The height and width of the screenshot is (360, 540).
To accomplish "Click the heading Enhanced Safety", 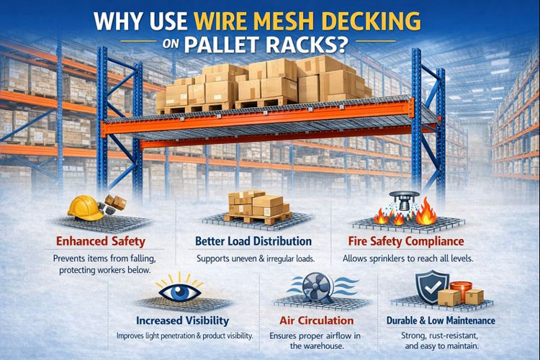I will (x=101, y=241).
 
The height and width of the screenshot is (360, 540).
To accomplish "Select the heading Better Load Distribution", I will (x=253, y=241).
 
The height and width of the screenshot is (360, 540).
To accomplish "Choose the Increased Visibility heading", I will (x=183, y=320).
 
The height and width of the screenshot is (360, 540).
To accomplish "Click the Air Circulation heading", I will (x=316, y=320).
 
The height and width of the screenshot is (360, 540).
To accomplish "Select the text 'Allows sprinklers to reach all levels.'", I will (x=403, y=258).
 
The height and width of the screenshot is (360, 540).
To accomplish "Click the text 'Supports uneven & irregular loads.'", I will (x=253, y=258).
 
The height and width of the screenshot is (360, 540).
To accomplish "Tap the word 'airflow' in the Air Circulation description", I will (x=341, y=336).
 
